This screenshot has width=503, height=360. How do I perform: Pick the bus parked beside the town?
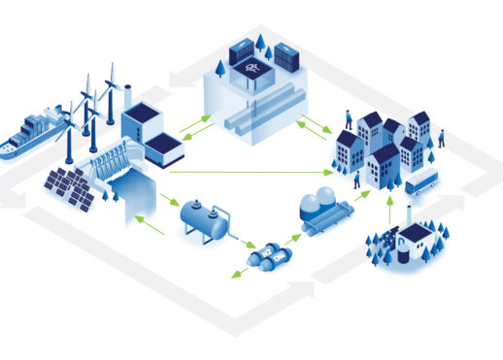421,180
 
